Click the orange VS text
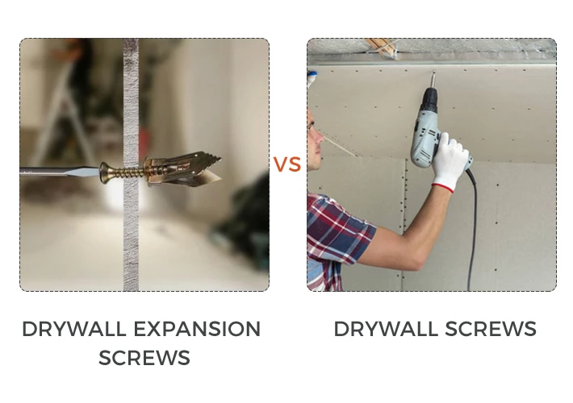click(287, 164)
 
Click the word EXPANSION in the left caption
click(197, 329)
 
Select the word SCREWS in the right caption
click(491, 329)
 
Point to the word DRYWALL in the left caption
click(74, 329)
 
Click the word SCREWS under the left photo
click(144, 357)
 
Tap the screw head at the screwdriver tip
click(105, 172)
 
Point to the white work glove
click(450, 160)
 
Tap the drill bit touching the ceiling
click(433, 80)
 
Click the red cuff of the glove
click(443, 188)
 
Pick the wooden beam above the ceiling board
click(382, 48)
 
